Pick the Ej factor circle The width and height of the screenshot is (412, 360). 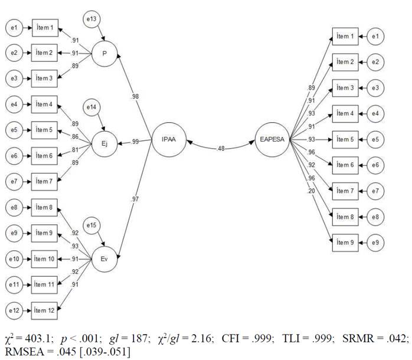coord(104,142)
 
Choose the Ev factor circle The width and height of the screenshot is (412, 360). coord(104,258)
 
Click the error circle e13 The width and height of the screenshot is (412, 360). coord(91,19)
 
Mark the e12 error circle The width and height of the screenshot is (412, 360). coord(14,310)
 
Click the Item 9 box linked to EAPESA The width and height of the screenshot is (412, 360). coord(345,242)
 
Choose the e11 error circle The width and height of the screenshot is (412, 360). coord(14,284)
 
